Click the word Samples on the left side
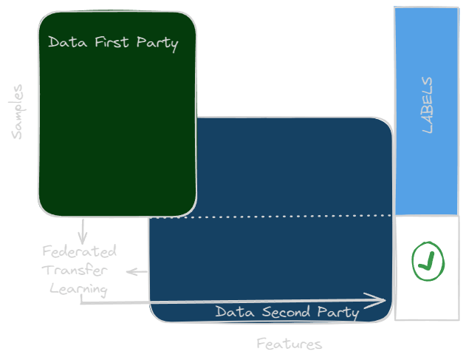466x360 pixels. pyautogui.click(x=18, y=112)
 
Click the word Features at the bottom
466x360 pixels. pyautogui.click(x=289, y=344)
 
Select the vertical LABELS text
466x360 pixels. pyautogui.click(x=427, y=105)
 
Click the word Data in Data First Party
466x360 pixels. pyautogui.click(x=64, y=42)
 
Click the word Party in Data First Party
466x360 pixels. pyautogui.click(x=157, y=43)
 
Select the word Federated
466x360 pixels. pyautogui.click(x=80, y=251)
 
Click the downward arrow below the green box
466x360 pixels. pyautogui.click(x=83, y=231)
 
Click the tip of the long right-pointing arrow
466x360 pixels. pyautogui.click(x=383, y=300)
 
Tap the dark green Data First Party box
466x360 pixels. pyautogui.click(x=117, y=133)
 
